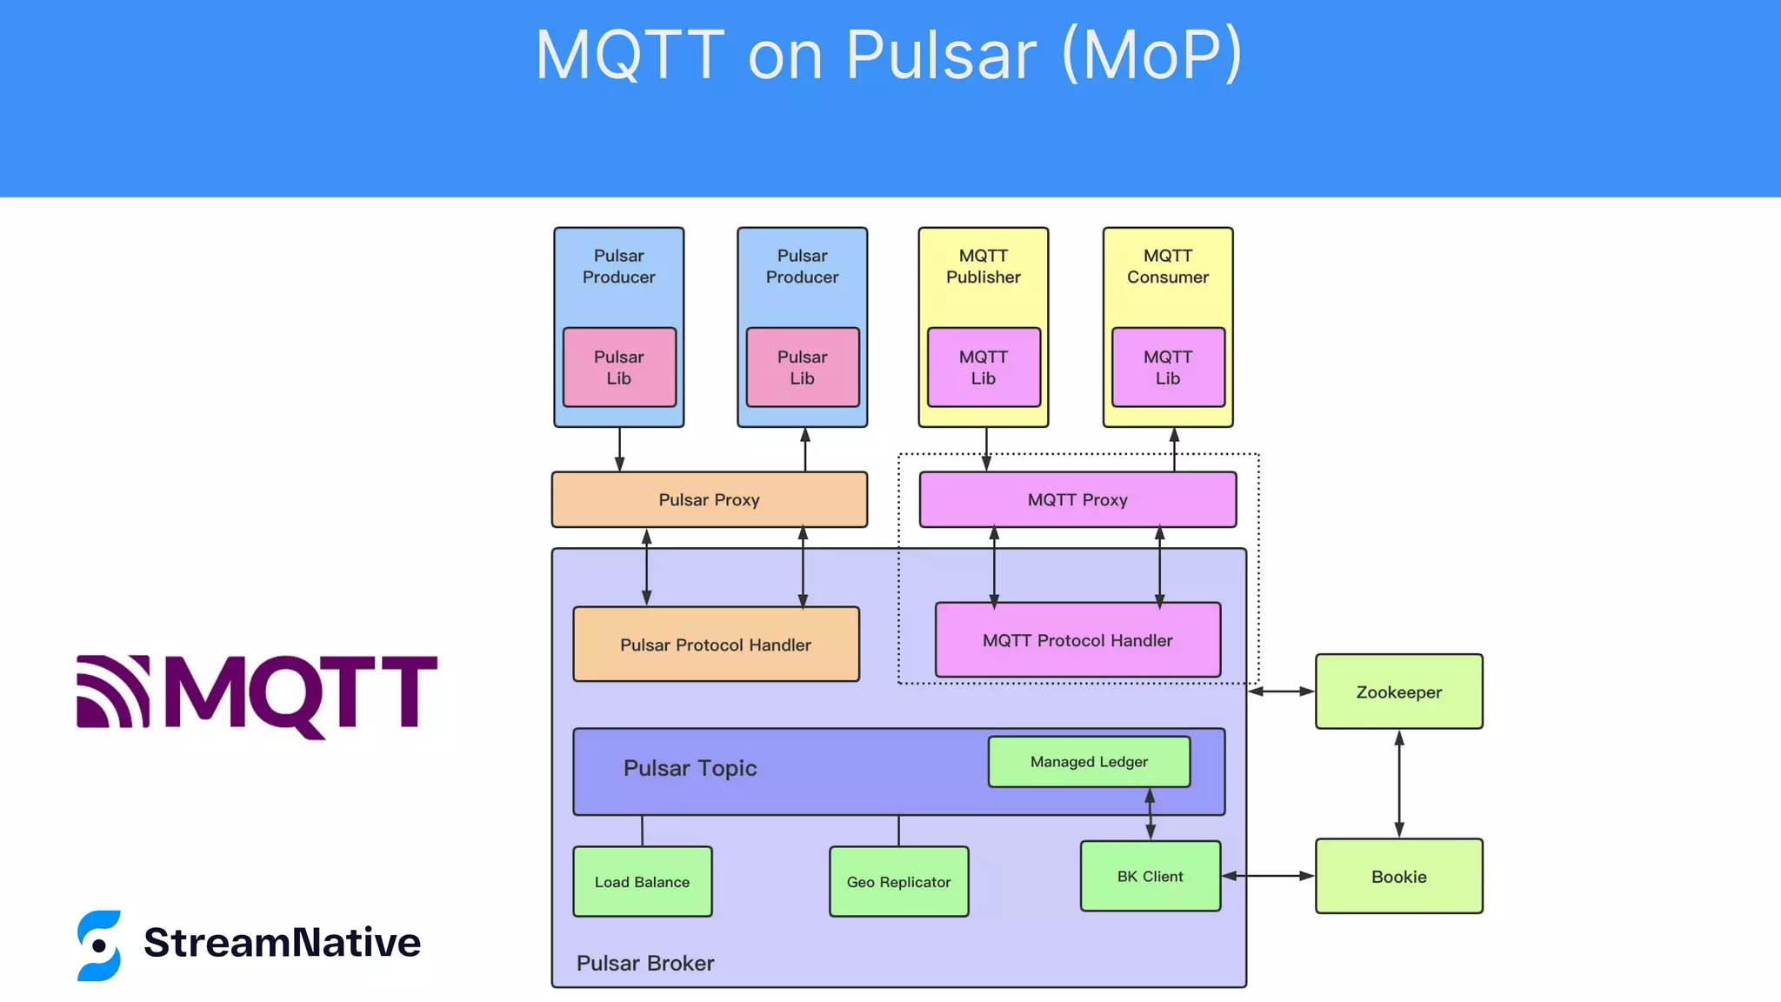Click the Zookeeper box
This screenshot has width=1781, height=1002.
coord(1398,691)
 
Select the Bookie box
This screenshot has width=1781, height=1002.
coord(1398,876)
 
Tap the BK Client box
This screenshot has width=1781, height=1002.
coord(1150,876)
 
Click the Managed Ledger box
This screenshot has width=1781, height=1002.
coord(1089,761)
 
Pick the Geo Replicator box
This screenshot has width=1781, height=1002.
coord(898,881)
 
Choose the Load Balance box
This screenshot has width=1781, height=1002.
coord(642,881)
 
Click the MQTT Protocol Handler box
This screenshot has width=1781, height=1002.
coord(1077,640)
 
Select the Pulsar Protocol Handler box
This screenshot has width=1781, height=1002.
coord(716,645)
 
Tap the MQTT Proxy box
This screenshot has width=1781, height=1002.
coord(1077,499)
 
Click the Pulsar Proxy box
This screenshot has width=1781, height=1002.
coord(709,499)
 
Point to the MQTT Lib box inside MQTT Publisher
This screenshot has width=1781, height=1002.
coord(984,367)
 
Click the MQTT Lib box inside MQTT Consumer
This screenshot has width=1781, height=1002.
coord(1168,367)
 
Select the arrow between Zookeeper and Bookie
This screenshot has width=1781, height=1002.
coord(1398,783)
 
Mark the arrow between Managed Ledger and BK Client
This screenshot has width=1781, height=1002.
coord(1150,814)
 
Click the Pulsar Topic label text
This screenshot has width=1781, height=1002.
coord(690,768)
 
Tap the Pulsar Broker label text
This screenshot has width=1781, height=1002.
coord(645,963)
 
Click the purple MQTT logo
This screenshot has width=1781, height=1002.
coord(257,694)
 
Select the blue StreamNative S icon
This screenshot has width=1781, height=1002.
coord(99,945)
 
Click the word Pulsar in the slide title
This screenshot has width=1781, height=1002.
coord(941,55)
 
